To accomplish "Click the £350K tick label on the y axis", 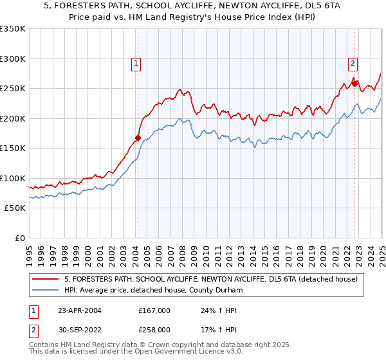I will [13, 29].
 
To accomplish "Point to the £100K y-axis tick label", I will [13, 178].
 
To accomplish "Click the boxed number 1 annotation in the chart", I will [137, 63].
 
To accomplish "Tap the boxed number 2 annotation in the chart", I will [353, 63].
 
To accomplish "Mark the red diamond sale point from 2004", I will [138, 138].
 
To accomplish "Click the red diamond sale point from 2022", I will [354, 83].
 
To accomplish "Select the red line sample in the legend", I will [45, 279].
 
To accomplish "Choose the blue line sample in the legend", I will [45, 291].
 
